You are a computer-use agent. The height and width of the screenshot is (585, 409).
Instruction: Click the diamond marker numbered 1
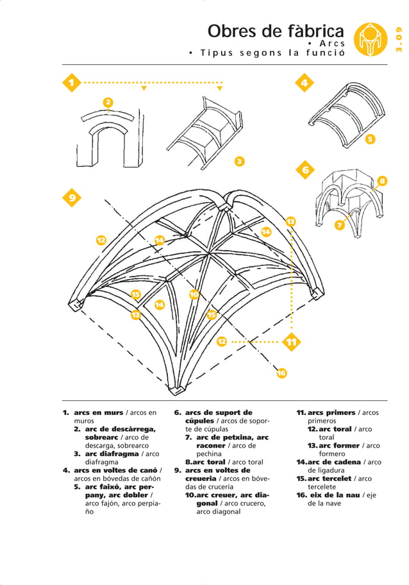tap(72, 83)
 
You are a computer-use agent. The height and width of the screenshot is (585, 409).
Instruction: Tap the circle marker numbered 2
tap(108, 103)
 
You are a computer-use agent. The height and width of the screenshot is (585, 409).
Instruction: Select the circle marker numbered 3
tap(239, 161)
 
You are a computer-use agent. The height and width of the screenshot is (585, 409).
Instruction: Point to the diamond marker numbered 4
tap(305, 83)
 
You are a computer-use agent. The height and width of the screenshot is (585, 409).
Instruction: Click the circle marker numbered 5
tap(370, 139)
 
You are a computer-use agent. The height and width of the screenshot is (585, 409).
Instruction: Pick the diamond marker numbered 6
tap(305, 170)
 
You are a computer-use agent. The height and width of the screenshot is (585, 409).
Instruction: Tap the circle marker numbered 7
tap(340, 225)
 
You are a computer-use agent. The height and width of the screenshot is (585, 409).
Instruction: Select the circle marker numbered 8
tap(381, 181)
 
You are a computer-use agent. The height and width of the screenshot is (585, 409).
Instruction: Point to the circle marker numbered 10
tap(194, 294)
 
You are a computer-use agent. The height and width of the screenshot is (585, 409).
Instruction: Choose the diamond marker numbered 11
tap(292, 342)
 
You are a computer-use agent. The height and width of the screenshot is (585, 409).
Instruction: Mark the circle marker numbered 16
tap(281, 373)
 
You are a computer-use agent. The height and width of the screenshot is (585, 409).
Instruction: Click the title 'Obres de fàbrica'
tap(275, 31)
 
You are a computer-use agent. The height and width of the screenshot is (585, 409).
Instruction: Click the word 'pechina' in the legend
tap(209, 454)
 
